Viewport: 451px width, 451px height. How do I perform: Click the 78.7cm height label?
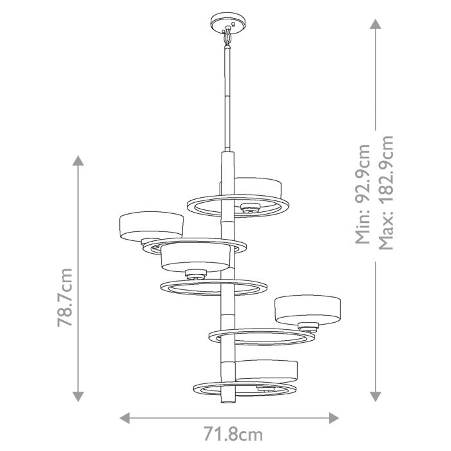click(x=65, y=297)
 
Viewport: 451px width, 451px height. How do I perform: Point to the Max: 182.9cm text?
click(x=387, y=194)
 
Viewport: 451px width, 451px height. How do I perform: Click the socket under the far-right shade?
click(x=307, y=325)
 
